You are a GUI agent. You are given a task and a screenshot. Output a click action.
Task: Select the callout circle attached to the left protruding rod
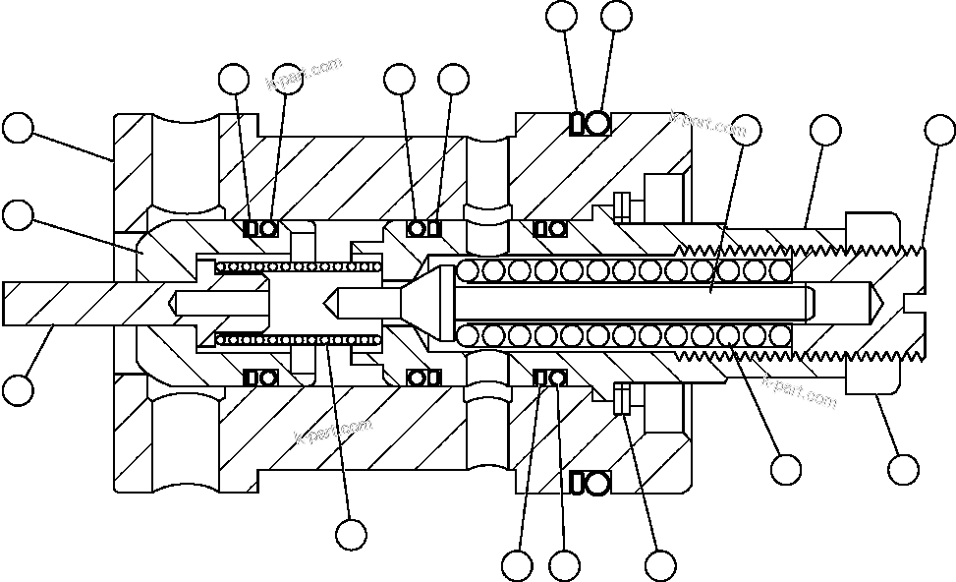18,389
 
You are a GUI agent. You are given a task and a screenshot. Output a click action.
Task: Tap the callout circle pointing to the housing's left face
18,128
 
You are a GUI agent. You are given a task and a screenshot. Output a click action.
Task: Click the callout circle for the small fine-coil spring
351,534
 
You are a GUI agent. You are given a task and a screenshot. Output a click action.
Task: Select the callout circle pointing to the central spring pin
747,128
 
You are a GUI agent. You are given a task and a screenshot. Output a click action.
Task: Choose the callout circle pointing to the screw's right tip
939,128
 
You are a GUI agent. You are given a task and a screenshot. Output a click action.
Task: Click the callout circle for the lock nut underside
903,468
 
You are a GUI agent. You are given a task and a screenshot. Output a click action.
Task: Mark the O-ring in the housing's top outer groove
598,123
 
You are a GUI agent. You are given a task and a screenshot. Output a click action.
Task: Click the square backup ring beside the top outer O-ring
579,123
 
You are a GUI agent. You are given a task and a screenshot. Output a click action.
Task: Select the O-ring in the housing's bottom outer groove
598,482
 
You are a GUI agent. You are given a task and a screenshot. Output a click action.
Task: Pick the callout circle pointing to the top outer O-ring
616,15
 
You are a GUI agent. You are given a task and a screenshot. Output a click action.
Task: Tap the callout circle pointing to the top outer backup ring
562,15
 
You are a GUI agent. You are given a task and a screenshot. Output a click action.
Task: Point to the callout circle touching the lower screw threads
785,469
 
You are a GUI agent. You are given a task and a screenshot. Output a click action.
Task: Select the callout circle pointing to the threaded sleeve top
824,128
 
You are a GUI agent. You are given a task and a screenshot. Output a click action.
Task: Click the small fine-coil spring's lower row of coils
295,339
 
